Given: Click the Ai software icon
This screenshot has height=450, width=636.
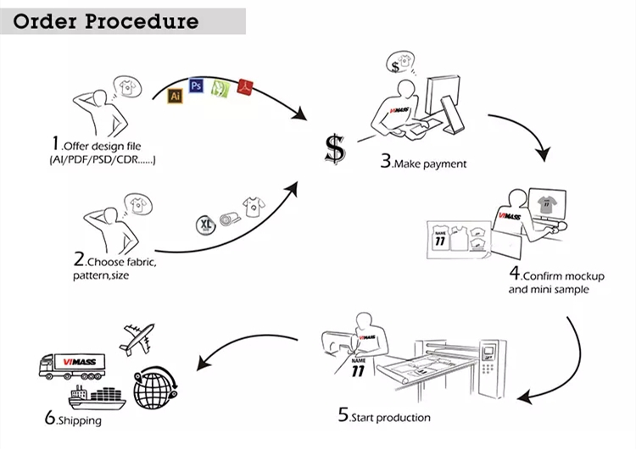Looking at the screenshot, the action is pyautogui.click(x=176, y=96).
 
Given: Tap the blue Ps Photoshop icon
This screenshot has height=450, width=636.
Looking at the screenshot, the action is pyautogui.click(x=197, y=86).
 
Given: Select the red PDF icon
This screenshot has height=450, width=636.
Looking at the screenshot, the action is pyautogui.click(x=245, y=86).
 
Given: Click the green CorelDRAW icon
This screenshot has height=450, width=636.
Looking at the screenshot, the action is pyautogui.click(x=220, y=87).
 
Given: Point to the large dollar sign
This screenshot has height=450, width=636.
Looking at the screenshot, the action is pyautogui.click(x=335, y=149).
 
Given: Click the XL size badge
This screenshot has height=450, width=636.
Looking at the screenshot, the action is pyautogui.click(x=206, y=225).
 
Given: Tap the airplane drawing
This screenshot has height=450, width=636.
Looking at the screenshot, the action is pyautogui.click(x=137, y=337).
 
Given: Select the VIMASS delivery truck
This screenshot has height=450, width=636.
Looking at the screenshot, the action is pyautogui.click(x=72, y=366).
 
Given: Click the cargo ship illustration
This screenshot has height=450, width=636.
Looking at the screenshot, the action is pyautogui.click(x=97, y=397).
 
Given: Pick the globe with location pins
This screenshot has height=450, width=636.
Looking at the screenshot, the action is pyautogui.click(x=155, y=387).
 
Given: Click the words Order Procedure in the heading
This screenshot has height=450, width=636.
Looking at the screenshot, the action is pyautogui.click(x=106, y=21).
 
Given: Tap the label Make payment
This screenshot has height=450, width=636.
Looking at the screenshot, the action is pyautogui.click(x=430, y=164).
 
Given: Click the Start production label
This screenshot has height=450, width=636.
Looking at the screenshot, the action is pyautogui.click(x=391, y=418).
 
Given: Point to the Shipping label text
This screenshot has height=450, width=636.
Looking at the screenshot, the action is pyautogui.click(x=80, y=420).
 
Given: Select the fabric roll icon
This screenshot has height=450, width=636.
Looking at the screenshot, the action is pyautogui.click(x=230, y=219).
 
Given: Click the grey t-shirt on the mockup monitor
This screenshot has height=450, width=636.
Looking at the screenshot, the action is pyautogui.click(x=547, y=204).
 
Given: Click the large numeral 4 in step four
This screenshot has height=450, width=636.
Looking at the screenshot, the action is pyautogui.click(x=515, y=273).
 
